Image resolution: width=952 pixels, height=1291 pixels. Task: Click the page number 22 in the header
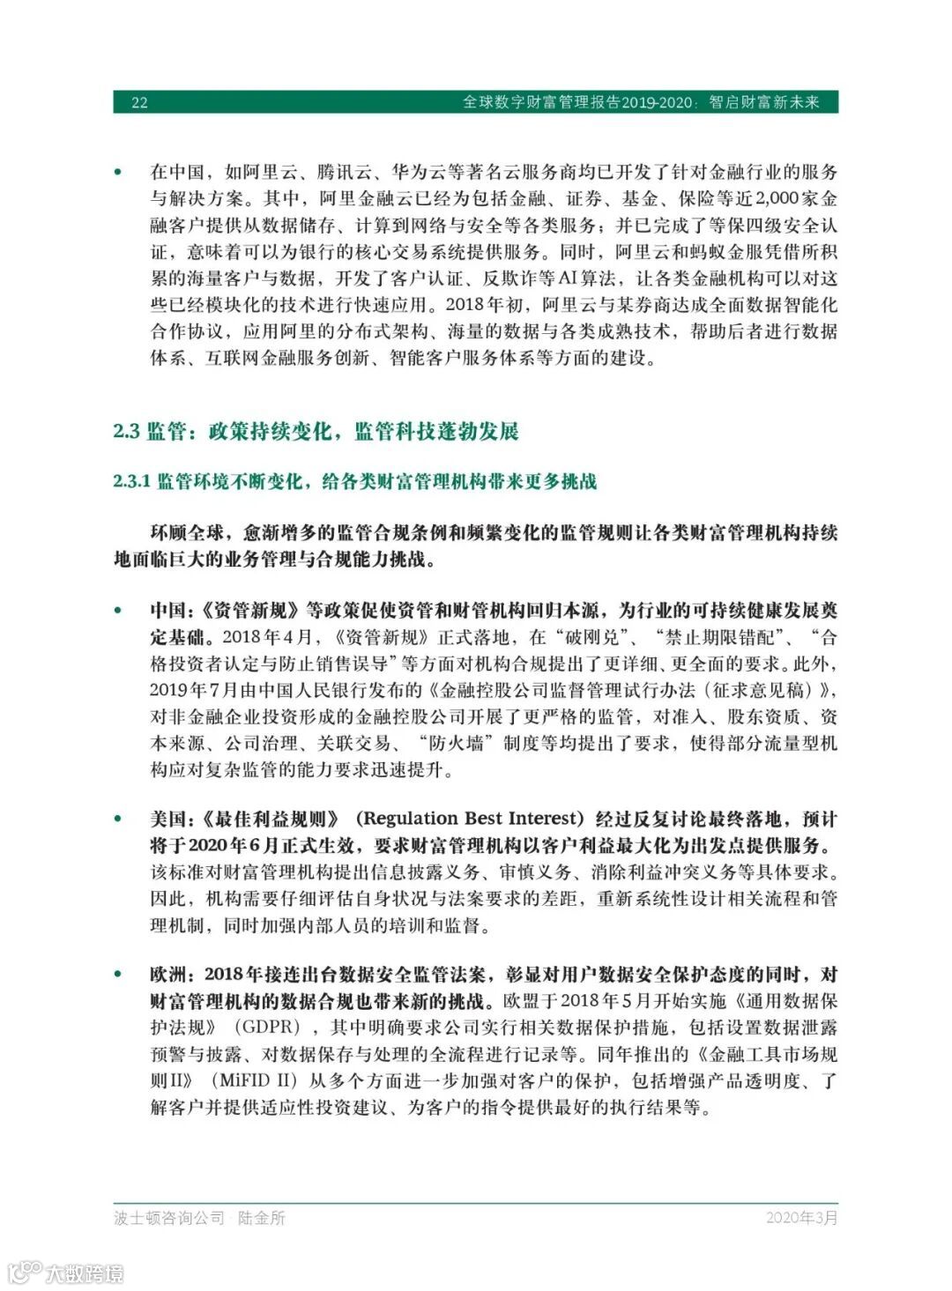(x=139, y=102)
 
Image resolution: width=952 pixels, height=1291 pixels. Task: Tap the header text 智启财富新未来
(x=764, y=102)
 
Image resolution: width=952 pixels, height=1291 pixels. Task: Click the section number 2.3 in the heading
(x=126, y=431)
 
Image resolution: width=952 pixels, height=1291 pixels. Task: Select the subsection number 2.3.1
(x=131, y=481)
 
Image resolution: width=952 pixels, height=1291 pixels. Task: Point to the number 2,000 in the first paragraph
(x=775, y=199)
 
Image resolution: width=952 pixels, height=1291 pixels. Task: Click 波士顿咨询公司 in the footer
(x=169, y=1218)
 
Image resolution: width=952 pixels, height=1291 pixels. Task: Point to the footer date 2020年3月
(x=801, y=1218)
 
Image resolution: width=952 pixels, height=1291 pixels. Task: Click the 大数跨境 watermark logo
(x=66, y=1272)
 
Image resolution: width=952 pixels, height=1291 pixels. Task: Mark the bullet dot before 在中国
(x=118, y=173)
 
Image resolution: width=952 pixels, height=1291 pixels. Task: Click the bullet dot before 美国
(x=118, y=819)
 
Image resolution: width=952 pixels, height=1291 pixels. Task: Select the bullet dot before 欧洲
(x=118, y=975)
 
